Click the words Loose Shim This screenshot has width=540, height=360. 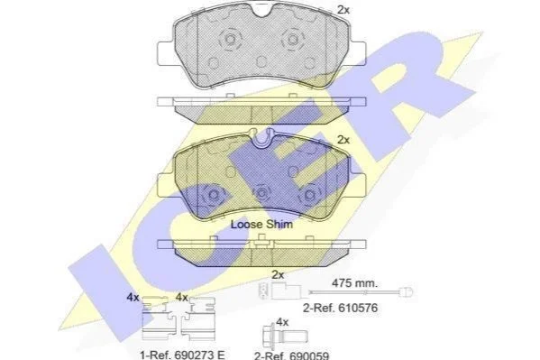pyautogui.click(x=261, y=224)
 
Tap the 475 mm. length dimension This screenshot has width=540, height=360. pyautogui.click(x=354, y=283)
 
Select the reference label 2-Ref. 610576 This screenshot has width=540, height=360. pyautogui.click(x=340, y=308)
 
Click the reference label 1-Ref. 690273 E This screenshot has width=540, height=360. pyautogui.click(x=182, y=355)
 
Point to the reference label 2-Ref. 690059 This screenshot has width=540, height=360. pyautogui.click(x=292, y=355)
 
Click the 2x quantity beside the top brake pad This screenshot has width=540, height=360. pyautogui.click(x=343, y=10)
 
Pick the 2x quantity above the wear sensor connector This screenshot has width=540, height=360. pyautogui.click(x=278, y=275)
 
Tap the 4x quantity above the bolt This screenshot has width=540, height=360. pyautogui.click(x=282, y=322)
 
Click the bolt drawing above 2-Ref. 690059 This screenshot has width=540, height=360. pyautogui.click(x=285, y=337)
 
